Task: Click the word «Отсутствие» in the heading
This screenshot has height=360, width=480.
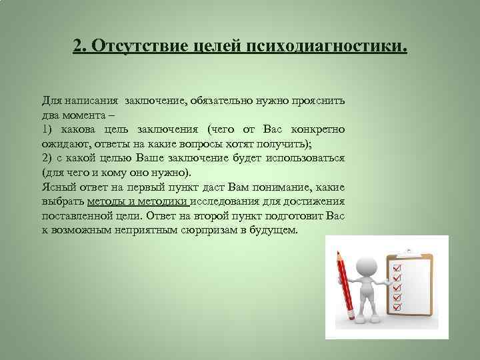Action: coord(131,47)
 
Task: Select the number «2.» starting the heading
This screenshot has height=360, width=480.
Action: coord(80,47)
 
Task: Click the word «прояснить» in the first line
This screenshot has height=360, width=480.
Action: coord(317,101)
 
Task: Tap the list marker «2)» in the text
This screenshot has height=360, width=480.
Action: coord(47,157)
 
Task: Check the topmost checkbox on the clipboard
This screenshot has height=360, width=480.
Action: coord(397,269)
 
